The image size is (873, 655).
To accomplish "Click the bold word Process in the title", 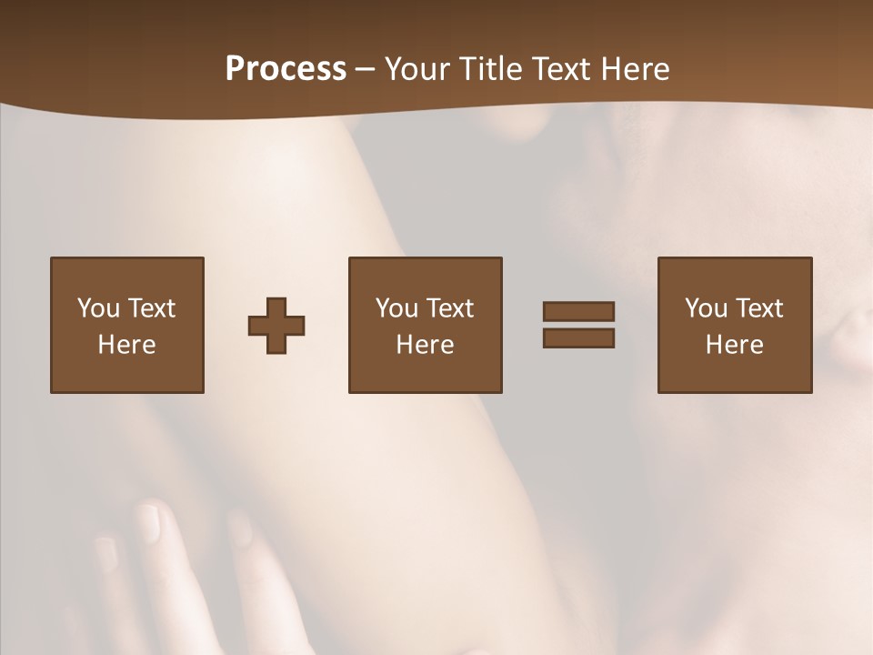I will tap(286, 69).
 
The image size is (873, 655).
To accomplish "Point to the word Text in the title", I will tap(559, 69).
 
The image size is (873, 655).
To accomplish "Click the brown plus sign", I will tap(276, 326).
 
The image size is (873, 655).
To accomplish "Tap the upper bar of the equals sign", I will tap(578, 311).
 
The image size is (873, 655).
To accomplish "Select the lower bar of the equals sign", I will tap(578, 338).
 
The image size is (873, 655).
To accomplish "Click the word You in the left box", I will tap(98, 308).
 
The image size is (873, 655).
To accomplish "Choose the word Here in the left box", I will tap(126, 345).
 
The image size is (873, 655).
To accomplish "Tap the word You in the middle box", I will tap(396, 308).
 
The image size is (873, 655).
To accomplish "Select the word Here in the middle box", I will tap(425, 345).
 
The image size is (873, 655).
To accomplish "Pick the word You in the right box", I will tap(706, 308).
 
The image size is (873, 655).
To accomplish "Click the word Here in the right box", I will tap(734, 345).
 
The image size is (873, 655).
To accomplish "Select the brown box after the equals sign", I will tap(734, 373).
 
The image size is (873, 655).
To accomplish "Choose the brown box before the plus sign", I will tap(126, 373).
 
